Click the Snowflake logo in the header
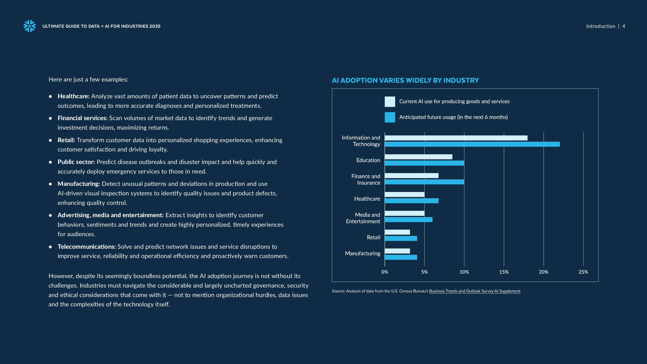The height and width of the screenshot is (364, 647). [30, 26]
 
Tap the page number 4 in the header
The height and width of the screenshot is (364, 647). [624, 26]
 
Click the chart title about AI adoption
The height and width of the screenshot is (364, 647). [405, 80]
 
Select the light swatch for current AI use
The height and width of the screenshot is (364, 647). [390, 102]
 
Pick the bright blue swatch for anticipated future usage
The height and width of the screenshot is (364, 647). [390, 117]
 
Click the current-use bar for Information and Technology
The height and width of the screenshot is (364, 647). [456, 138]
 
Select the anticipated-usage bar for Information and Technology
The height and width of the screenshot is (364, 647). [472, 144]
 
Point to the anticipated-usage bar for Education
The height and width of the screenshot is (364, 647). [424, 163]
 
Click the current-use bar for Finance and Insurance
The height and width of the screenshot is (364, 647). [412, 176]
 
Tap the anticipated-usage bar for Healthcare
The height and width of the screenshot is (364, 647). [412, 201]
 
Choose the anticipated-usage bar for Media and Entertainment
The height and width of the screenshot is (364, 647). [409, 220]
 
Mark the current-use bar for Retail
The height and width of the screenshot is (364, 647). [397, 232]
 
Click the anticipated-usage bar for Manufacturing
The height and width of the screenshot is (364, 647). [401, 257]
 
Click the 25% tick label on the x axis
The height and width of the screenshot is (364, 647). [583, 272]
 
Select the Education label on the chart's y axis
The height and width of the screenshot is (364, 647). [368, 160]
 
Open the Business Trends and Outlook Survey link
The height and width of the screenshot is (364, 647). [475, 291]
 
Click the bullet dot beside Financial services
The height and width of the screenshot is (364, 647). [51, 118]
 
